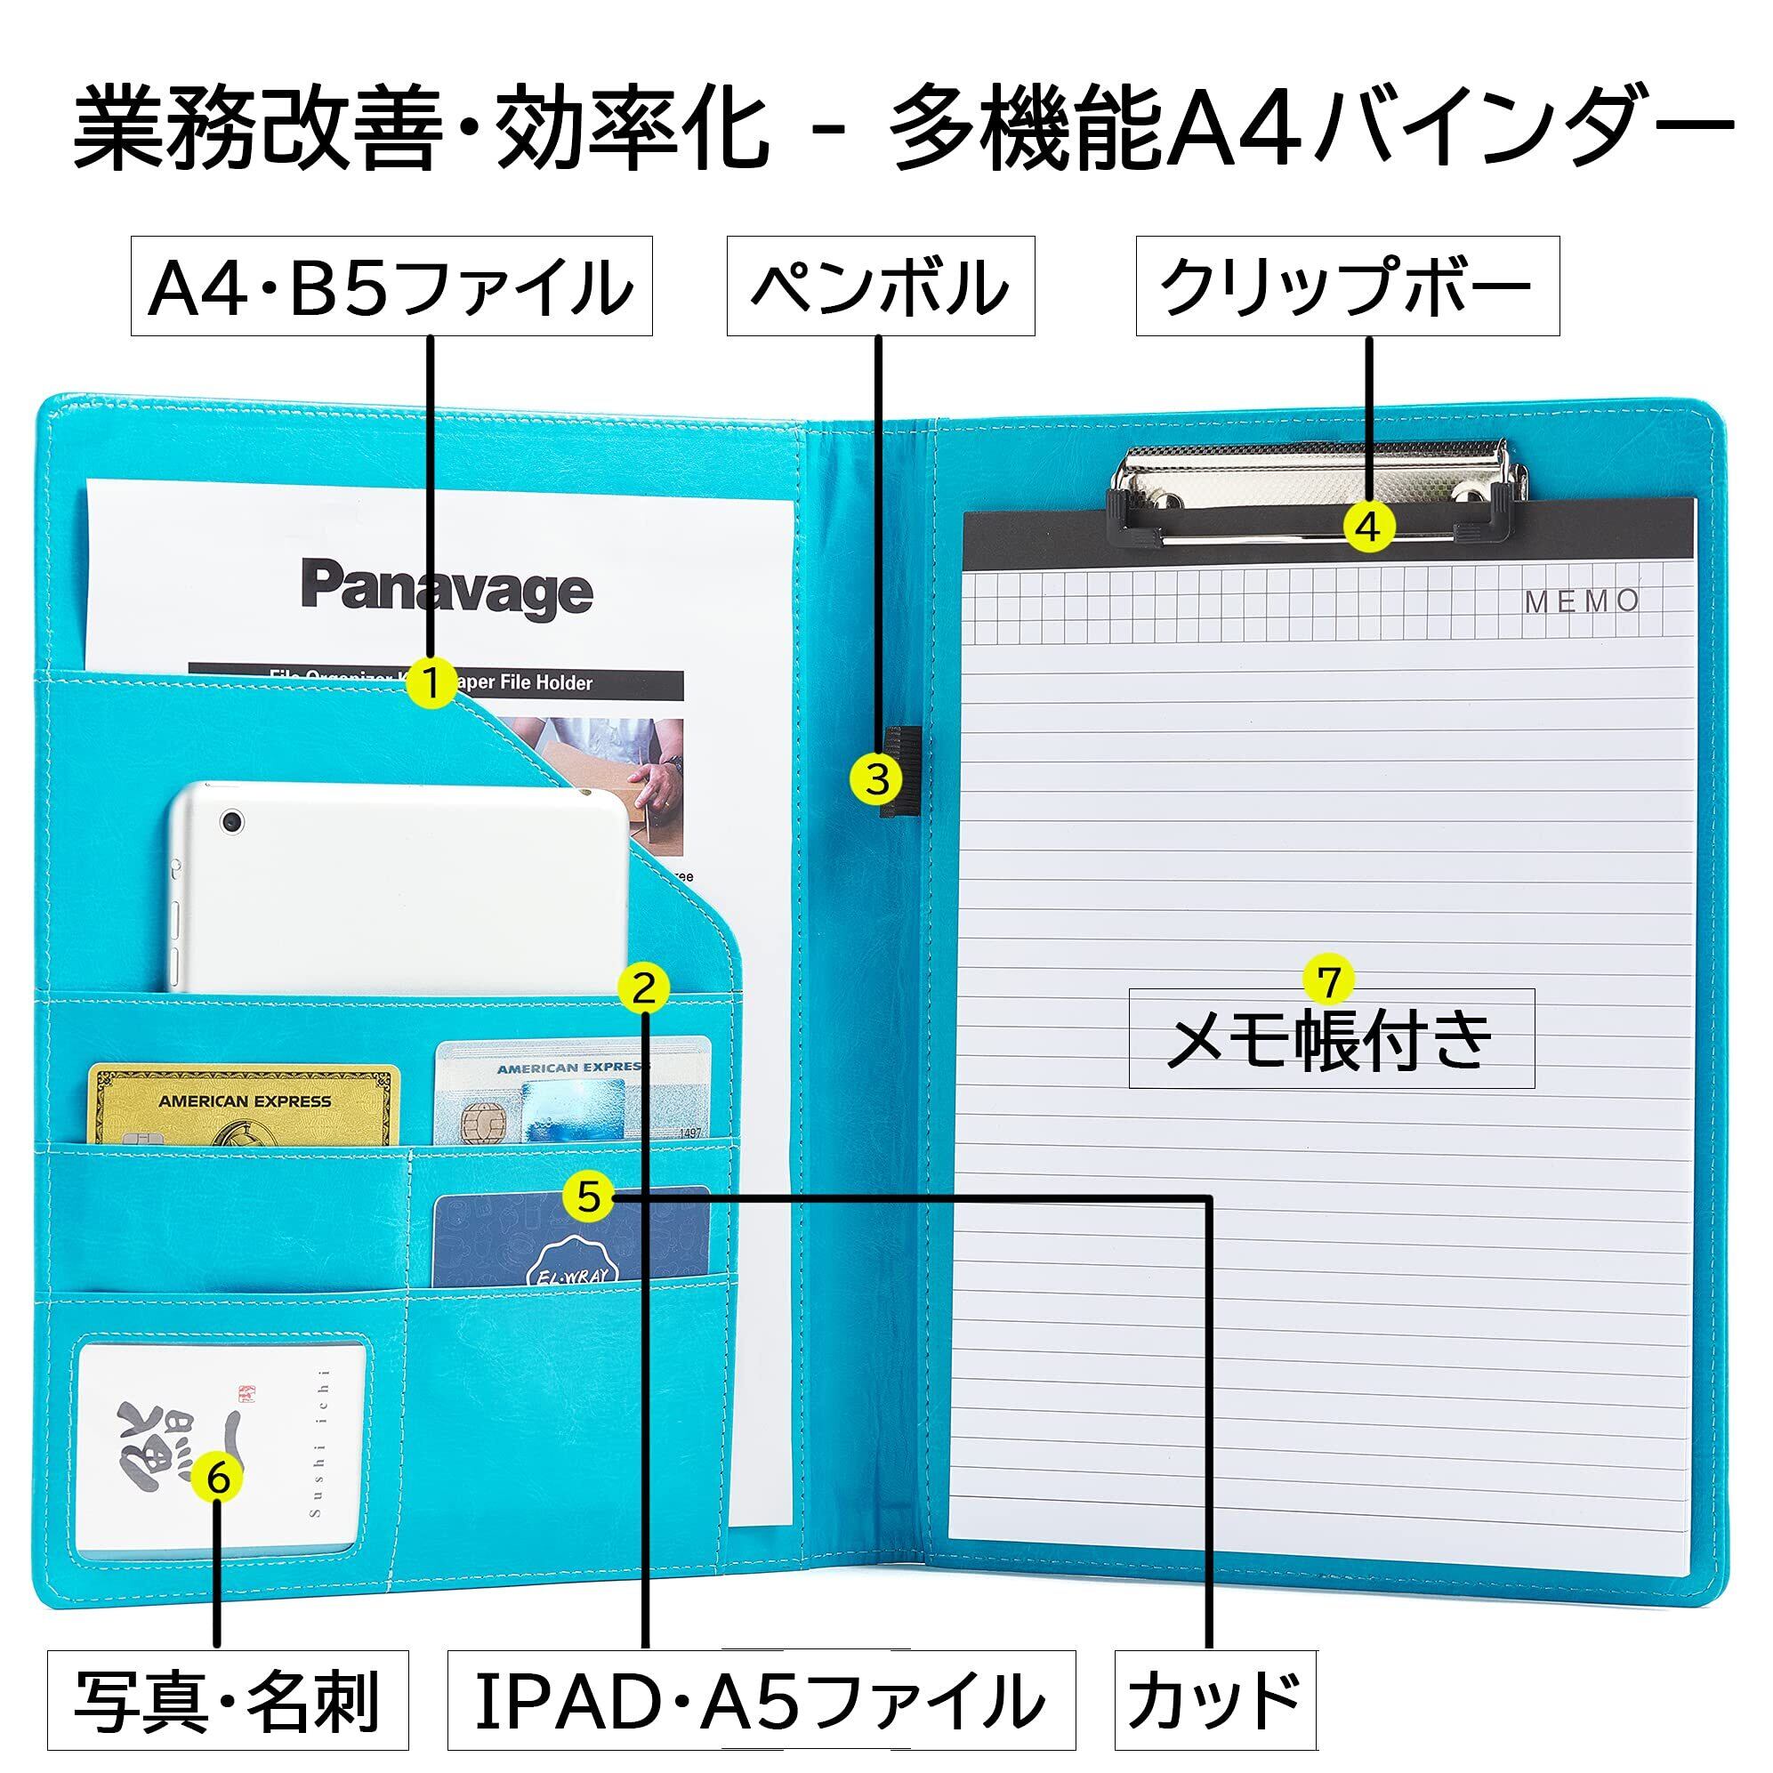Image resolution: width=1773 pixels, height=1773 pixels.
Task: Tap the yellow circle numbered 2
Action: click(x=644, y=987)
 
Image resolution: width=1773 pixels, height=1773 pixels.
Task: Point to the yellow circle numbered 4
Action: click(x=1368, y=527)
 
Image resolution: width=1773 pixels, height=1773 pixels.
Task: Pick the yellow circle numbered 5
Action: click(x=588, y=1197)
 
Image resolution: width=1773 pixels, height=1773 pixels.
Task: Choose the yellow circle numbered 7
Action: click(x=1329, y=981)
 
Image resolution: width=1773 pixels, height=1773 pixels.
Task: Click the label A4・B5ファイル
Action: click(x=391, y=286)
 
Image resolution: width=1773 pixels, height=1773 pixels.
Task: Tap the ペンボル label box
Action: click(x=880, y=286)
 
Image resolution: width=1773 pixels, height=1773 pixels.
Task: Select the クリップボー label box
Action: click(x=1347, y=286)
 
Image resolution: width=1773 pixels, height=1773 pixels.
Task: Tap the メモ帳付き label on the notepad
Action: click(x=1331, y=1040)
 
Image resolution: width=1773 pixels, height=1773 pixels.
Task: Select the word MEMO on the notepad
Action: click(x=1582, y=601)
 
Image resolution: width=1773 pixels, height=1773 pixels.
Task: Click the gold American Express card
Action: click(x=244, y=1104)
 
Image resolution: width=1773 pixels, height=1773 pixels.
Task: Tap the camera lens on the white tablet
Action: click(x=232, y=820)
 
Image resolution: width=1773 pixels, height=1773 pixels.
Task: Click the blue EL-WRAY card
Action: click(x=571, y=1239)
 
